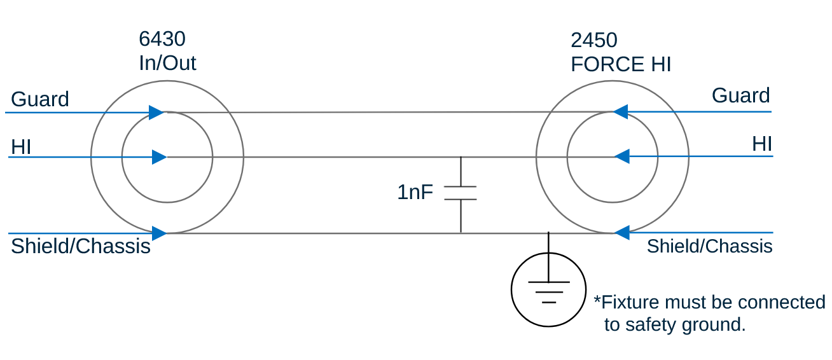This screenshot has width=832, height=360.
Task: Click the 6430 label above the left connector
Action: [x=162, y=39]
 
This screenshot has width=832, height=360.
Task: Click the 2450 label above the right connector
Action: [x=594, y=41]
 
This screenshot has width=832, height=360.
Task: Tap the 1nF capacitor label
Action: [x=415, y=192]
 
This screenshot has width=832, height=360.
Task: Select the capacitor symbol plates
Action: [x=461, y=193]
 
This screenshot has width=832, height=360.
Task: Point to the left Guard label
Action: [x=40, y=99]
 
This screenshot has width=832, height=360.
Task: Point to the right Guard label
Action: [x=740, y=95]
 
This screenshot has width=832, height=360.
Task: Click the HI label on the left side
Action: [x=21, y=148]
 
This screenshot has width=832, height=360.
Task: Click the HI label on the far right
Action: [x=762, y=144]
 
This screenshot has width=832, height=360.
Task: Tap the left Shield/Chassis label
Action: [x=81, y=246]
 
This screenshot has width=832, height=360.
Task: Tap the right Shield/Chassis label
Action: [x=709, y=246]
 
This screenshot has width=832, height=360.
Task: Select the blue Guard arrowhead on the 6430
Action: [x=156, y=113]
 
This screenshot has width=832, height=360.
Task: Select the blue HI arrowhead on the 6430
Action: [x=159, y=157]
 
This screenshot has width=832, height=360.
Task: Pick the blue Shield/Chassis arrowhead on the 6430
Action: [x=159, y=233]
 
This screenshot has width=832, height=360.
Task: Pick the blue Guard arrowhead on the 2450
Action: [x=621, y=112]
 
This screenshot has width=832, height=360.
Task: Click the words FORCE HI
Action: [x=621, y=65]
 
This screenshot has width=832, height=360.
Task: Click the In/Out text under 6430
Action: [x=167, y=63]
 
